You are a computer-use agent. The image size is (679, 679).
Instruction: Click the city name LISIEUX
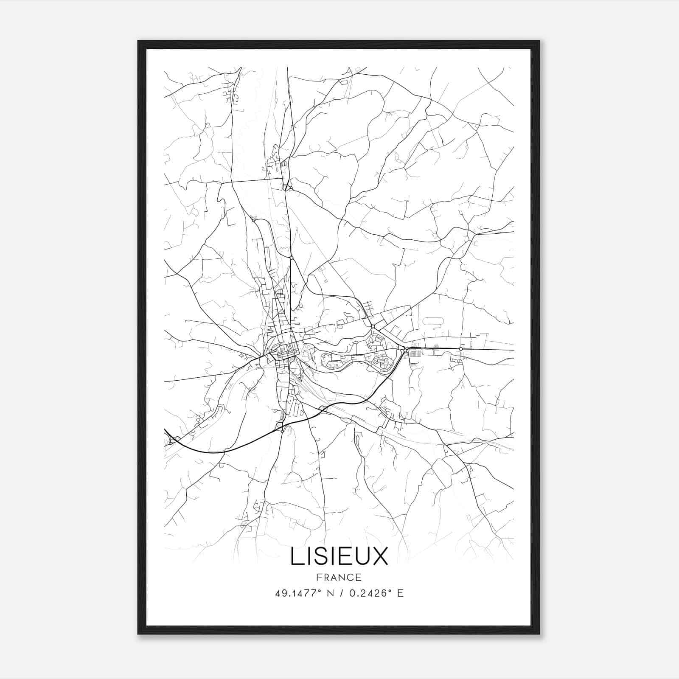tap(339, 557)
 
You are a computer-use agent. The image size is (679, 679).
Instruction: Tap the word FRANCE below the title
tap(339, 577)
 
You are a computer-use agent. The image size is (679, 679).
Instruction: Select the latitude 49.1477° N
tap(302, 593)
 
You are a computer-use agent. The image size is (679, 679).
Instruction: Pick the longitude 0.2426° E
tap(376, 593)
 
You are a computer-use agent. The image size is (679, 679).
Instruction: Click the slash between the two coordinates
tap(340, 593)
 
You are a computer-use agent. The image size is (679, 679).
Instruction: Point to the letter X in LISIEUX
tap(381, 557)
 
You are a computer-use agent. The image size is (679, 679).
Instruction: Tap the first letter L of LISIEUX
tap(296, 557)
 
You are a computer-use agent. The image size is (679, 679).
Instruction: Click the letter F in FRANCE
tap(319, 577)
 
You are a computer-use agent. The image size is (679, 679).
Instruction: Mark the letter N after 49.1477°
tap(331, 593)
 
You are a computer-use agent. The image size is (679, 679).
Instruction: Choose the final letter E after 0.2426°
tap(400, 593)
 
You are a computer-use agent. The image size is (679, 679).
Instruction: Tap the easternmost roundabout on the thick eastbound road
tap(460, 349)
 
